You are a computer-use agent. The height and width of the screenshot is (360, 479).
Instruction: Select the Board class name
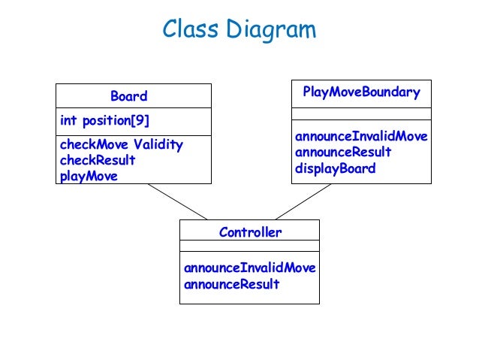click(129, 96)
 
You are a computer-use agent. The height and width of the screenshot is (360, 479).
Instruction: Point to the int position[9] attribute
click(99, 120)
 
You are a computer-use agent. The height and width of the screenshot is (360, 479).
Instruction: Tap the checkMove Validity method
click(121, 144)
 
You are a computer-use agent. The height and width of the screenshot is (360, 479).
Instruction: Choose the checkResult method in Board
click(98, 160)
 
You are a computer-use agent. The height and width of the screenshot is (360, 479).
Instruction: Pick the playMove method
click(89, 176)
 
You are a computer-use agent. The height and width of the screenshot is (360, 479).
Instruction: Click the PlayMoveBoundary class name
click(361, 92)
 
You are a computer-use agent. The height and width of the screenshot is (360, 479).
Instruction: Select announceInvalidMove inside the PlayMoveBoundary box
click(361, 136)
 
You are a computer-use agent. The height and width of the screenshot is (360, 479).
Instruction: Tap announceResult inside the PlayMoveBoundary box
click(343, 152)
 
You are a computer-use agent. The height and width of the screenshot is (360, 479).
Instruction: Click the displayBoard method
click(335, 168)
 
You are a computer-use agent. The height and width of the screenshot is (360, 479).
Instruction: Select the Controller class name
click(250, 232)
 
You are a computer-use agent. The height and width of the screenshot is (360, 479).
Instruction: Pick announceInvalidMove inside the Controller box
click(249, 268)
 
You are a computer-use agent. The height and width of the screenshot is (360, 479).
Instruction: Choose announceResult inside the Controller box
click(231, 284)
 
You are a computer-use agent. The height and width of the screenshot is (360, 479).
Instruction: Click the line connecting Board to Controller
click(177, 201)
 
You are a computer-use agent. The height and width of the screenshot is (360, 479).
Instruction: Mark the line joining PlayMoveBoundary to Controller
click(304, 201)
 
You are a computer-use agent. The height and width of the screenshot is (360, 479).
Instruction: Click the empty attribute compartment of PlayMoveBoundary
click(361, 113)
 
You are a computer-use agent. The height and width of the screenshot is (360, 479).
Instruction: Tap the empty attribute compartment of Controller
click(249, 247)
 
